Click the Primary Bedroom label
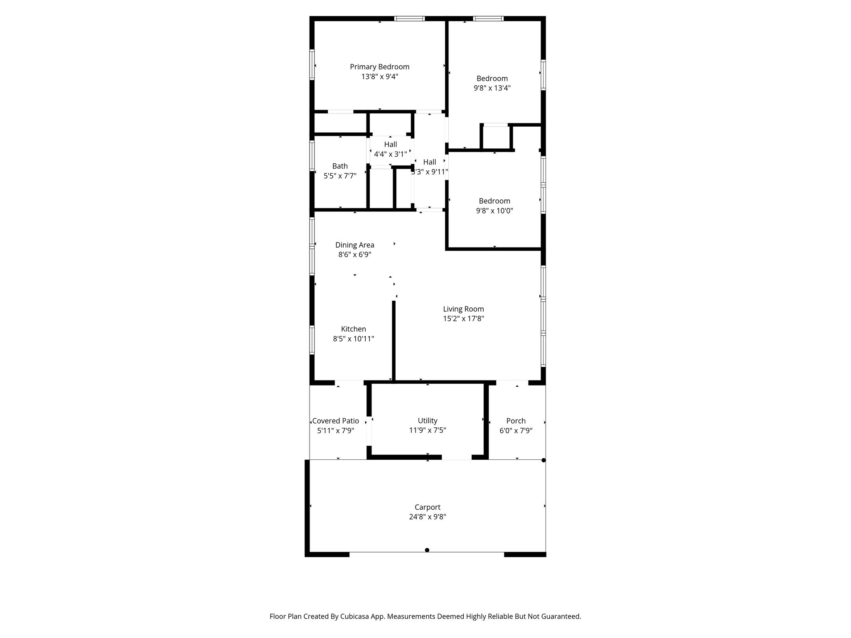[x=379, y=67]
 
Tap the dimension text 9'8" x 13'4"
[x=492, y=88]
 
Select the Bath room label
[x=340, y=166]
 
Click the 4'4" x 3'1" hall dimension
[x=390, y=154]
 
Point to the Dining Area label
[x=354, y=245]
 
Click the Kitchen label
[x=353, y=329]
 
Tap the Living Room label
[x=463, y=309]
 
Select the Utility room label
[x=428, y=421]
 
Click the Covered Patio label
[x=336, y=421]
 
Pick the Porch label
[x=516, y=421]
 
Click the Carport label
[x=427, y=507]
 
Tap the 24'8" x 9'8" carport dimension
[x=427, y=517]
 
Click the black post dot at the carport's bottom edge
[x=427, y=550]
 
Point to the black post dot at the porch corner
[x=544, y=460]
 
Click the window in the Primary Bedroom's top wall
[x=409, y=18]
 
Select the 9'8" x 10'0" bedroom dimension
[x=494, y=211]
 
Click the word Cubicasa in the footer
[x=355, y=616]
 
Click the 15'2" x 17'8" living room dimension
[x=463, y=319]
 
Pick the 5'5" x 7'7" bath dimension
[x=340, y=176]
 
